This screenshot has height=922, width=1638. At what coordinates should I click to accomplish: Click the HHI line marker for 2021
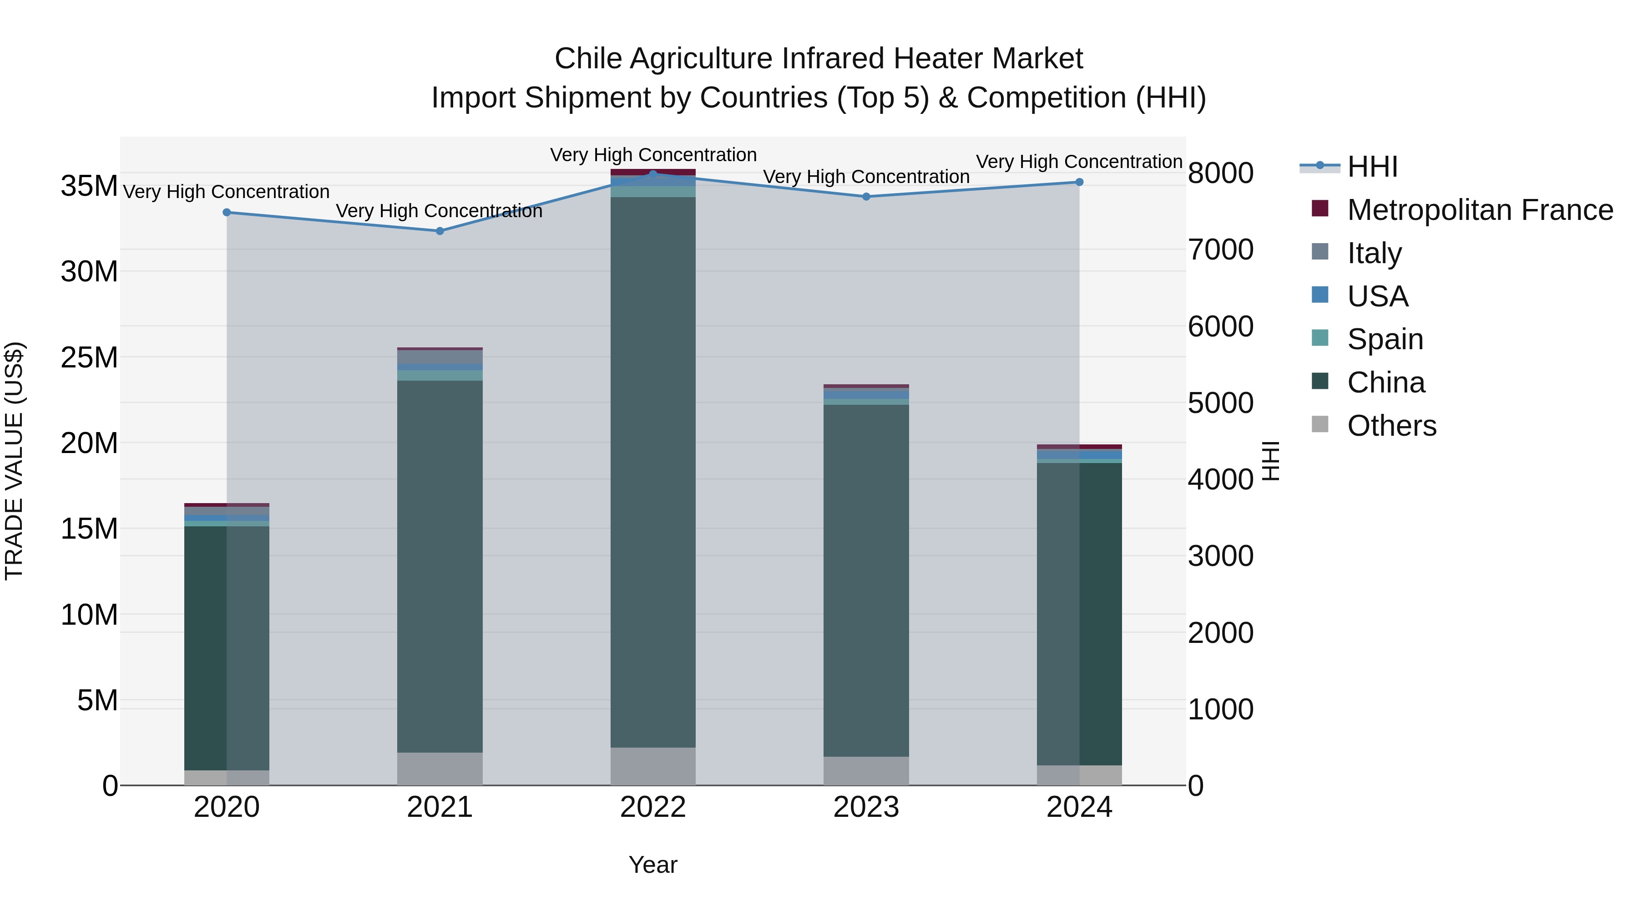pyautogui.click(x=440, y=231)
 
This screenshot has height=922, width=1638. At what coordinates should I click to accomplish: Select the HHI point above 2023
pyautogui.click(x=866, y=197)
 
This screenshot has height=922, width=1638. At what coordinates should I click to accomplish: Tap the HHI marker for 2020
pyautogui.click(x=227, y=213)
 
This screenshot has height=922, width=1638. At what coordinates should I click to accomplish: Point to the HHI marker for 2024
pyautogui.click(x=1079, y=182)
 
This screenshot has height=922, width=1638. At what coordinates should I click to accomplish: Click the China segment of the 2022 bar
pyautogui.click(x=653, y=471)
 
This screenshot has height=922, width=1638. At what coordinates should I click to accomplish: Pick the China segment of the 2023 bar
pyautogui.click(x=866, y=579)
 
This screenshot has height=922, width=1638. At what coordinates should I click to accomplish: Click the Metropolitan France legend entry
pyautogui.click(x=1480, y=210)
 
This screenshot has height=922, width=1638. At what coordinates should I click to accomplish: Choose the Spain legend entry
pyautogui.click(x=1385, y=339)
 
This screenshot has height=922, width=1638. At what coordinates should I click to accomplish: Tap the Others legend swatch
pyautogui.click(x=1320, y=424)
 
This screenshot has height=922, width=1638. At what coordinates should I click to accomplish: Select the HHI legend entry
pyautogui.click(x=1372, y=167)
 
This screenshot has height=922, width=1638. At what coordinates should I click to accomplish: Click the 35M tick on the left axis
pyautogui.click(x=89, y=186)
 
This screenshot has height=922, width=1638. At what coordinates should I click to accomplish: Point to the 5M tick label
pyautogui.click(x=97, y=701)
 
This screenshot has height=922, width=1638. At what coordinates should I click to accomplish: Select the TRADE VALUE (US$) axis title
pyautogui.click(x=14, y=461)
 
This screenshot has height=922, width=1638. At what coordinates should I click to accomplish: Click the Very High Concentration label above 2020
pyautogui.click(x=227, y=192)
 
